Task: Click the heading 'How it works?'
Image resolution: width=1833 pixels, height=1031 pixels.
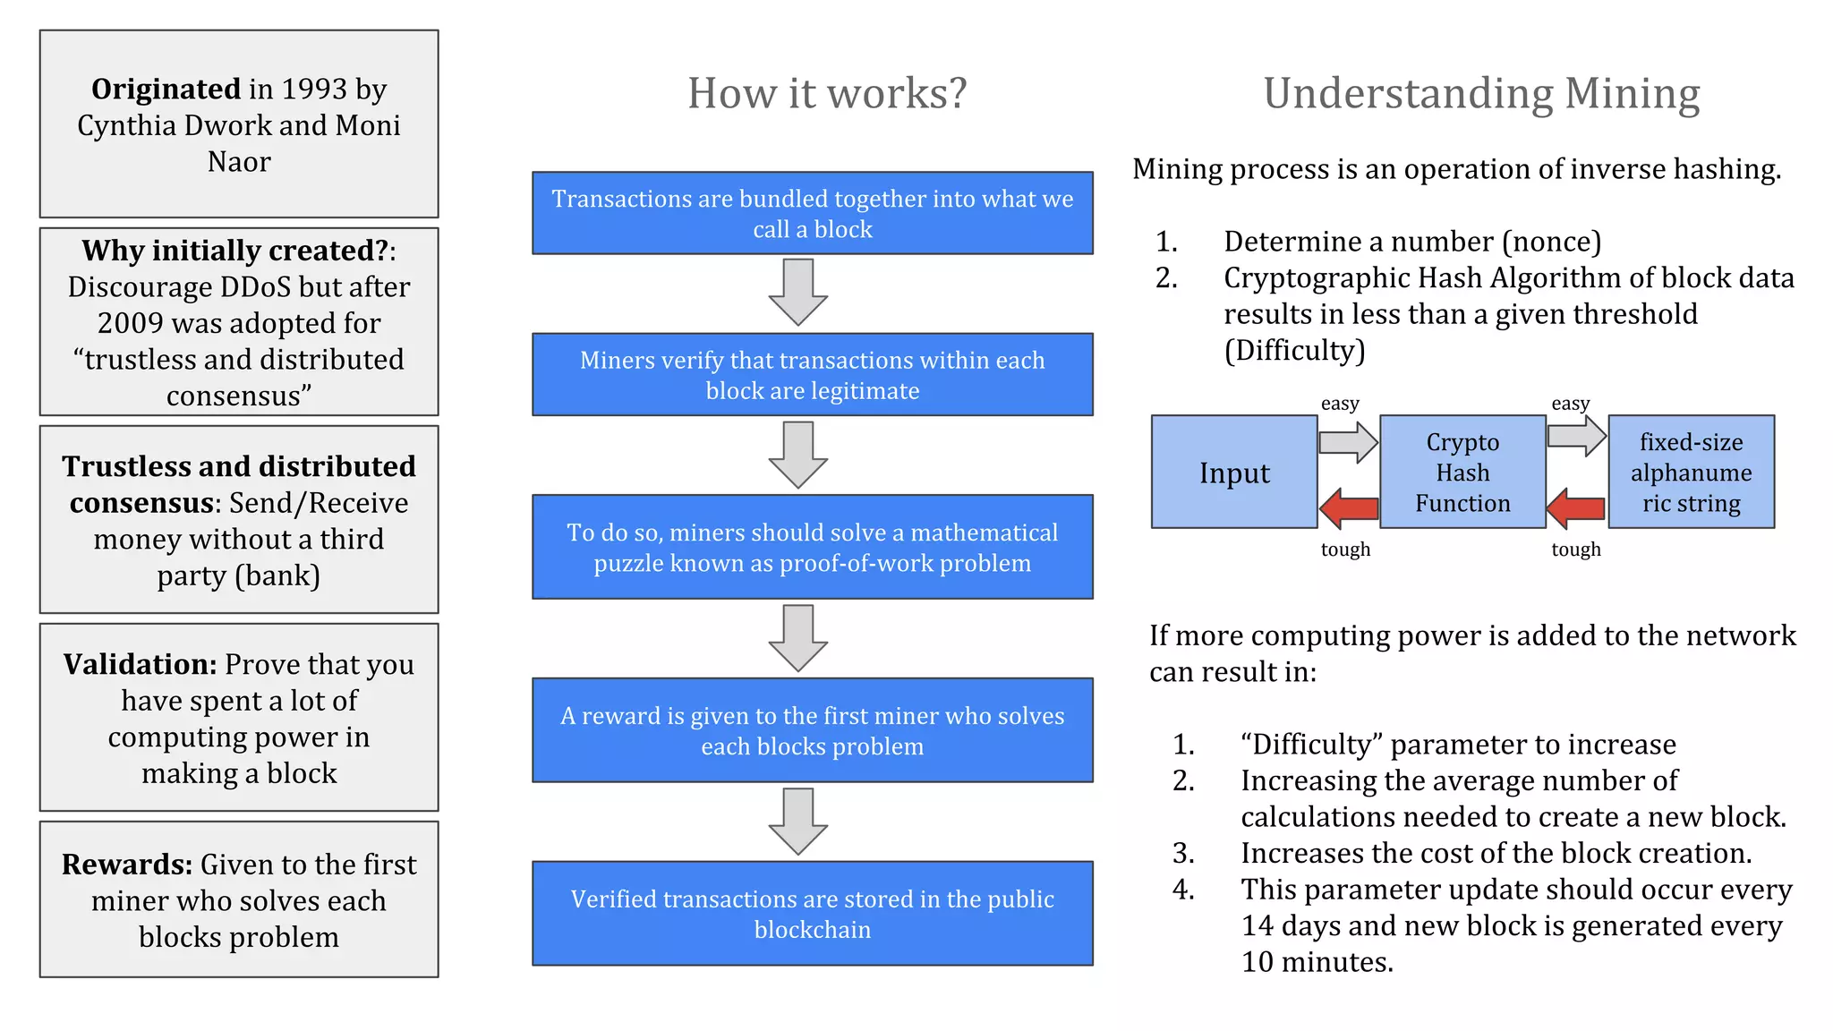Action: pos(827,93)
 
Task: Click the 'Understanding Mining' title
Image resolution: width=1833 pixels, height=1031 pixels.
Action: pos(1481,93)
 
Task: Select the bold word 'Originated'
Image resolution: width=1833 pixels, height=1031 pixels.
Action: pos(166,89)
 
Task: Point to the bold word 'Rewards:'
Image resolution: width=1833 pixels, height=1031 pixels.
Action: pos(127,864)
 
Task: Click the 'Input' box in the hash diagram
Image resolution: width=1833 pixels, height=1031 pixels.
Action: pos(1234,472)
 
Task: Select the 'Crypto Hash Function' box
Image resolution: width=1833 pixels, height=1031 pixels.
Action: pos(1462,472)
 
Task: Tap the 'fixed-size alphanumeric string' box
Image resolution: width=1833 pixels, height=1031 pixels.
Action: pos(1691,472)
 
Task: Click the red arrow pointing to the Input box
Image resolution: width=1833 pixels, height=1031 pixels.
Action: pos(1349,507)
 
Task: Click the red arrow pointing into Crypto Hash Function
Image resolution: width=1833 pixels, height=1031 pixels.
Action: pos(1576,507)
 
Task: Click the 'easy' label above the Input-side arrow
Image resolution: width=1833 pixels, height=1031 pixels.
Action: pos(1340,404)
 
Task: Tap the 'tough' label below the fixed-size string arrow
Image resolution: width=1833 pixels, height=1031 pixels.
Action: pos(1576,550)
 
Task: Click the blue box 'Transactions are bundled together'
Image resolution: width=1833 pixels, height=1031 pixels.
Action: pos(812,213)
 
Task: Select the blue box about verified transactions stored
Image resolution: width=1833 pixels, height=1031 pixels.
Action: pos(812,913)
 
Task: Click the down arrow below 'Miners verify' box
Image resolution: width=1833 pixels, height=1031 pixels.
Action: pos(797,455)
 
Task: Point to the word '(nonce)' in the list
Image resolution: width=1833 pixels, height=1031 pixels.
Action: pos(1551,242)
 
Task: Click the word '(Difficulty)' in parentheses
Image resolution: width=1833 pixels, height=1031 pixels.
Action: pos(1294,350)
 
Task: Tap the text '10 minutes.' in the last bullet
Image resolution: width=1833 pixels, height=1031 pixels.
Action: pos(1317,962)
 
